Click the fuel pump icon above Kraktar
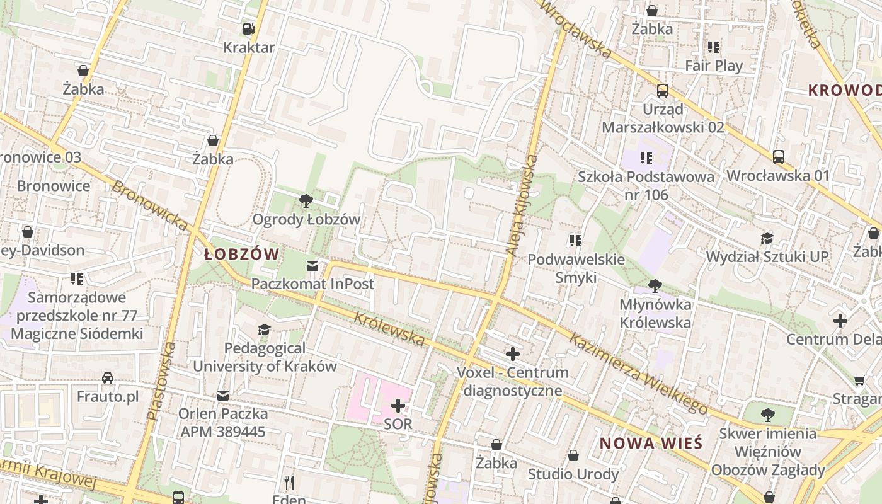point(249,29)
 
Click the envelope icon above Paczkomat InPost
point(312,266)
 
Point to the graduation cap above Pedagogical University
point(265,330)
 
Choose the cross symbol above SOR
point(398,406)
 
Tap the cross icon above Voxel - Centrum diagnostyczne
point(513,354)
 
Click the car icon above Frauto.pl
point(108,378)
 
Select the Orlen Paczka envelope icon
point(223,396)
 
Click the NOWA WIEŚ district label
point(651,443)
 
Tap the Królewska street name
point(389,328)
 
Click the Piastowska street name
point(161,381)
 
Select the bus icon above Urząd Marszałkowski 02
point(663,91)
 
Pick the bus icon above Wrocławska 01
point(779,157)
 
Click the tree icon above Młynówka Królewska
point(655,286)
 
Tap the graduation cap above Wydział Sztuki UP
point(767,238)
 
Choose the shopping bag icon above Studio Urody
point(573,455)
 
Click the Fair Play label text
point(714,66)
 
